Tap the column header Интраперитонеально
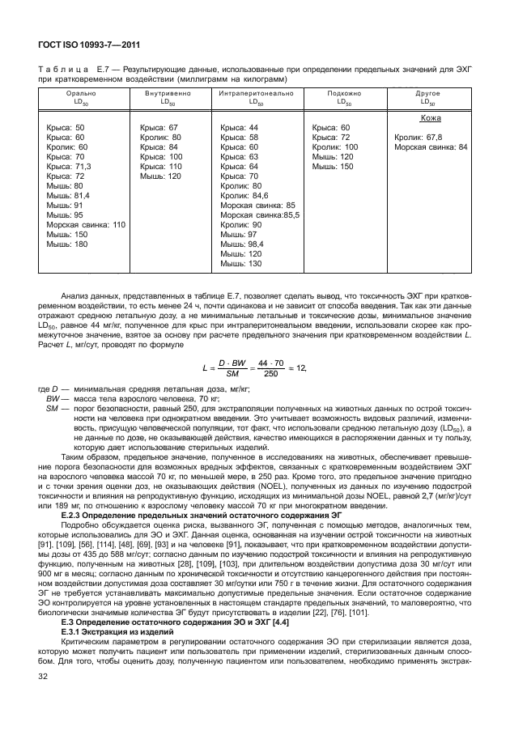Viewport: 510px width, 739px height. [256, 95]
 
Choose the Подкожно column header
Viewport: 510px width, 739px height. [344, 95]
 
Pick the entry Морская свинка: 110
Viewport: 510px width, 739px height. [85, 224]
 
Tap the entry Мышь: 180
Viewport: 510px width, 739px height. [65, 244]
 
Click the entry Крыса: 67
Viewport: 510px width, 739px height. [159, 128]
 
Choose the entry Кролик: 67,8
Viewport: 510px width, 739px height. [418, 138]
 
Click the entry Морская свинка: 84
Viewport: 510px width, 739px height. [431, 147]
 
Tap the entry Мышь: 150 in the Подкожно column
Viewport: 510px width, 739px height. [333, 166]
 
